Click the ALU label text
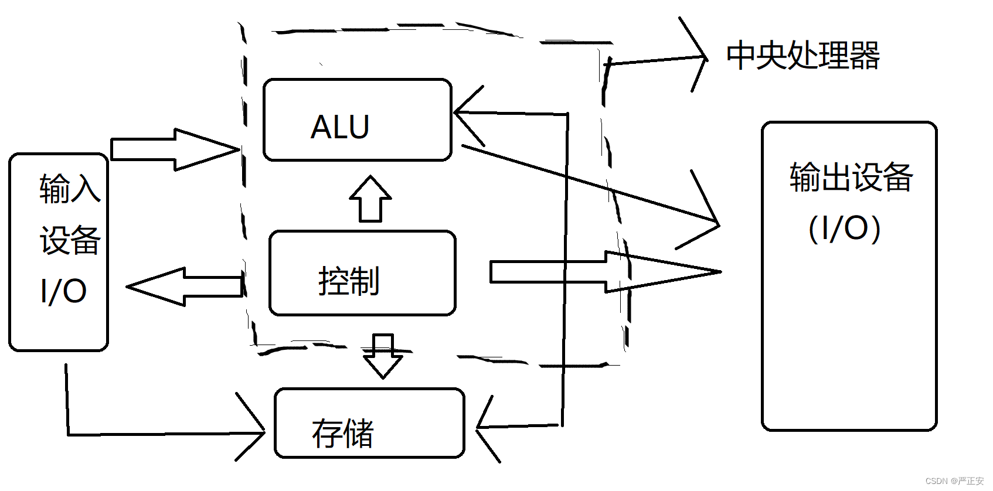340,127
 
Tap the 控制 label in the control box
349,281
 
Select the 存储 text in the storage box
343,433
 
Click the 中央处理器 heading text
802,56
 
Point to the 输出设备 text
851,177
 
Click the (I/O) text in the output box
844,229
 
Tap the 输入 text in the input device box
70,189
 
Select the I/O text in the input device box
63,291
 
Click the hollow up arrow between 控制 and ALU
370,199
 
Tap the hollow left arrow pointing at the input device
185,287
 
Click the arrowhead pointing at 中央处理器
701,57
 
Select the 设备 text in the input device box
70,240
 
